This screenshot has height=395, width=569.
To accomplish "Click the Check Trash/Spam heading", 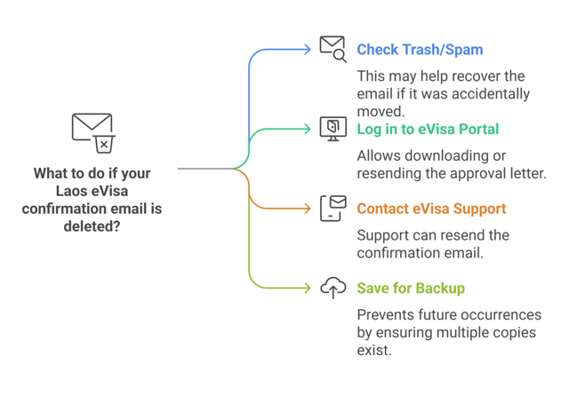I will click(x=420, y=50).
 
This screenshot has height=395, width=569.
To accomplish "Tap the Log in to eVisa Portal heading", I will click(x=428, y=130).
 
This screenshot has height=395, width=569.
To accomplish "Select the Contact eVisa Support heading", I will click(x=431, y=209).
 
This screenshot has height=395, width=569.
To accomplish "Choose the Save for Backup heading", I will click(x=411, y=288).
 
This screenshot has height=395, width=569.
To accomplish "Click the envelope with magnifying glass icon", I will click(x=333, y=48).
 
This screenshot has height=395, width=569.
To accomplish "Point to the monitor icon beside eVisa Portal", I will click(x=333, y=128).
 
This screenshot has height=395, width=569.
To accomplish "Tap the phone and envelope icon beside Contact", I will click(x=333, y=208).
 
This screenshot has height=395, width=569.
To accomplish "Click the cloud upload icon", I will click(x=333, y=288).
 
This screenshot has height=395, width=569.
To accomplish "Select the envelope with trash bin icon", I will click(x=92, y=132).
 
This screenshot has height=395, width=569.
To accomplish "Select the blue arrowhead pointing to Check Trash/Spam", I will click(x=308, y=49).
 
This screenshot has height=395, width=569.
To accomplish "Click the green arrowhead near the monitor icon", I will click(x=308, y=129).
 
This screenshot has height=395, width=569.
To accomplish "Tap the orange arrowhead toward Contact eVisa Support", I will click(x=308, y=209).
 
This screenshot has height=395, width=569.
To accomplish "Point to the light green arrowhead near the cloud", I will click(x=308, y=288).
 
